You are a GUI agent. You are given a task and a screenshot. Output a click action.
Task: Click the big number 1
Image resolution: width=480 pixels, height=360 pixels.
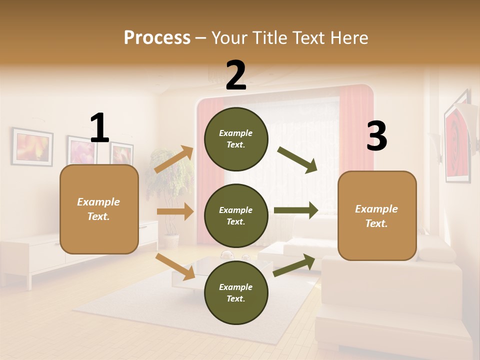[x=99, y=128]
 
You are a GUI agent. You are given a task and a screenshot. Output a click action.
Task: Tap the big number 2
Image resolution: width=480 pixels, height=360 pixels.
[x=236, y=75]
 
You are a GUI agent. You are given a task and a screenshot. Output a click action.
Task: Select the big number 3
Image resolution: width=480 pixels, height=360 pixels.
[x=376, y=136]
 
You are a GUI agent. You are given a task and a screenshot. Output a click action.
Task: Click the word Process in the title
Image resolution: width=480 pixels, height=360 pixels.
[x=157, y=37]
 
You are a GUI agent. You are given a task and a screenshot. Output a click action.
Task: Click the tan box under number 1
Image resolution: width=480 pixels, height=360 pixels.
[x=99, y=209]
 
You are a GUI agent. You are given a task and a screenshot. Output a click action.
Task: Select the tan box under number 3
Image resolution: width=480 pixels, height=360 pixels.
[x=377, y=216]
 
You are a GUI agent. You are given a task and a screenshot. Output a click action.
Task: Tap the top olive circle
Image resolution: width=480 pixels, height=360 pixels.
[x=236, y=139]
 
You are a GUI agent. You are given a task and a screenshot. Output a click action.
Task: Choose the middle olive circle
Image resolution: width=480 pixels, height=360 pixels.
[x=236, y=215]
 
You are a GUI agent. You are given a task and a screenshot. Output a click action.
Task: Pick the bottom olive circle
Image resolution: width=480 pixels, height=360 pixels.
[x=236, y=292]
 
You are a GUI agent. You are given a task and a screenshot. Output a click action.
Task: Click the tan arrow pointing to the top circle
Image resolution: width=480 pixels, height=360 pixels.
[x=174, y=159]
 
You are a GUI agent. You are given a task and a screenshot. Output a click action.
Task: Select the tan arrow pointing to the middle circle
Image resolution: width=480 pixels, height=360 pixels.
[x=175, y=211]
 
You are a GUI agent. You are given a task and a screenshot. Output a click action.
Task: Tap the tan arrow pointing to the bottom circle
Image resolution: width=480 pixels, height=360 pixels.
[x=175, y=266]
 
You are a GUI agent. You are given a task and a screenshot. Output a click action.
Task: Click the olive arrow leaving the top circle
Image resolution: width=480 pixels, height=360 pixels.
[x=297, y=160]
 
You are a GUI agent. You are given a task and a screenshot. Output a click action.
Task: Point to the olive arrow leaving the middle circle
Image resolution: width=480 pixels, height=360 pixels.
[x=296, y=210]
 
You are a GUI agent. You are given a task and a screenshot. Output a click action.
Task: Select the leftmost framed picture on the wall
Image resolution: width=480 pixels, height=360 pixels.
[x=32, y=146]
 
